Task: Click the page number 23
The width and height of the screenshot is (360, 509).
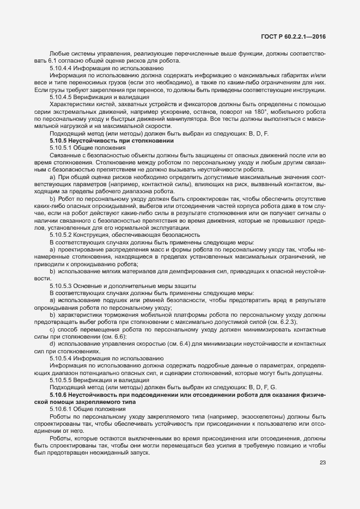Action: (x=322, y=463)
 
